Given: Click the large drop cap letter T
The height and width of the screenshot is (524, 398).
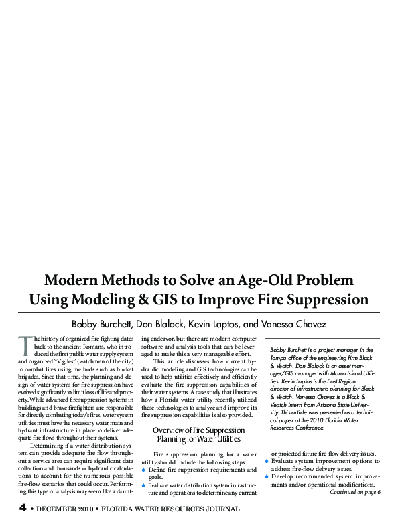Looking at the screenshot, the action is pos(24,345).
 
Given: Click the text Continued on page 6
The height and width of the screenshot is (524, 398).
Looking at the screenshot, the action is pos(354,492).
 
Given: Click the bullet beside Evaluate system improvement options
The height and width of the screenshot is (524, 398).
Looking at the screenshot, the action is pos(267,461).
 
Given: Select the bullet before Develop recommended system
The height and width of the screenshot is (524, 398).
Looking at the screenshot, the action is pos(267,476).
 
